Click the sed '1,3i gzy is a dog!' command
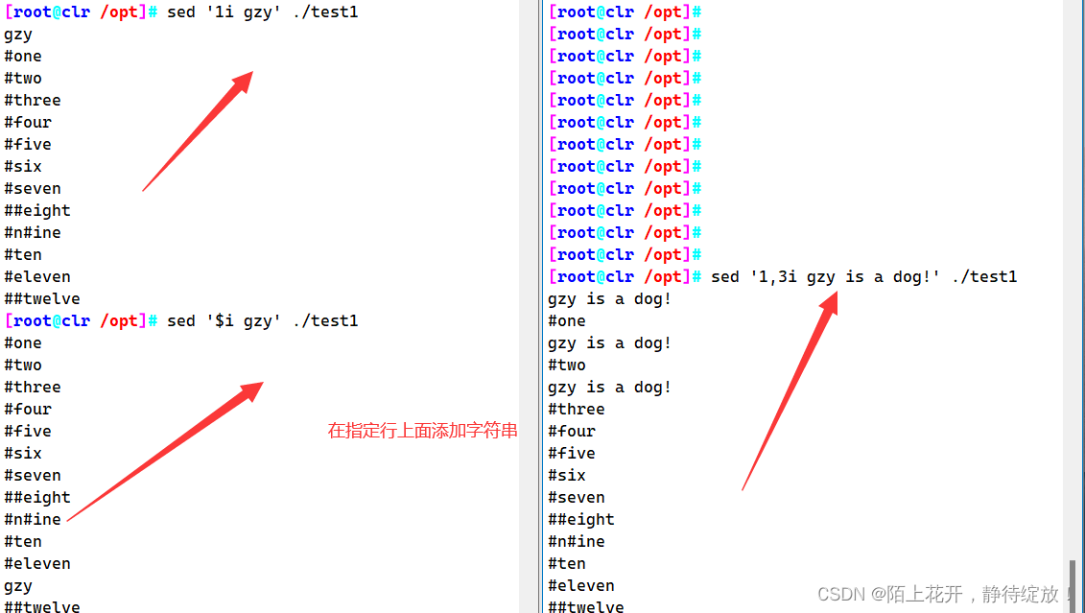[863, 277]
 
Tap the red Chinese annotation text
[422, 431]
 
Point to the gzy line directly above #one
[18, 35]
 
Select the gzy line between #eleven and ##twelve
[18, 586]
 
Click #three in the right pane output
[577, 410]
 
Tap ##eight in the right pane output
[581, 520]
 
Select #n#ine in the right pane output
[577, 542]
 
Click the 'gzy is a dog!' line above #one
[609, 299]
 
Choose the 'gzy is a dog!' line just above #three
[609, 388]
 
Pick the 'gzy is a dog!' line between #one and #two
[609, 343]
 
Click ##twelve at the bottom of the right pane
[586, 606]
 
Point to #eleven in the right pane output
[581, 586]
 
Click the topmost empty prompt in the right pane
[625, 12]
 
